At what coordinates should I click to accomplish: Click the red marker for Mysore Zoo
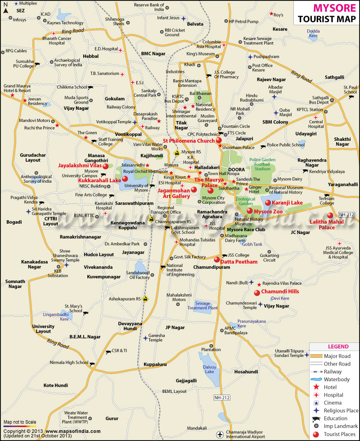tap(249, 211)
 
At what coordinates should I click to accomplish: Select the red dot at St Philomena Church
tap(219, 141)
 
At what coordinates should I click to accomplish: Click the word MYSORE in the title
tap(326, 8)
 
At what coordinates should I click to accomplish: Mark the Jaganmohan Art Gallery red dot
tap(194, 190)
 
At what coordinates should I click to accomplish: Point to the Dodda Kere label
tap(313, 33)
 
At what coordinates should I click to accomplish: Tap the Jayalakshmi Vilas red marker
tap(105, 166)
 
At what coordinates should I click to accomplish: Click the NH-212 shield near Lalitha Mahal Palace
tap(347, 214)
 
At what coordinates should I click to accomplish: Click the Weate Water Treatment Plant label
tap(75, 415)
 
